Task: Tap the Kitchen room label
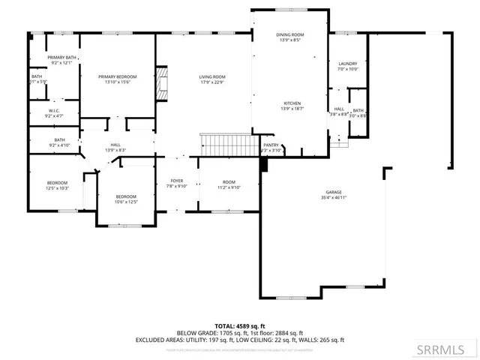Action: coord(292,103)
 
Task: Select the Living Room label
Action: coord(212,76)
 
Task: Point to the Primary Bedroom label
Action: coord(118,76)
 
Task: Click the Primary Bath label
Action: coord(61,58)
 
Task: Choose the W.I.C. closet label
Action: coord(54,110)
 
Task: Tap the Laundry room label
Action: coord(347,64)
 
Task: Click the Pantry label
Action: coord(271,145)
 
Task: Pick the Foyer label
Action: coord(177,181)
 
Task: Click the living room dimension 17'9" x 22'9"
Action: coord(212,82)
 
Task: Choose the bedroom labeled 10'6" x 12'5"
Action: coord(126,199)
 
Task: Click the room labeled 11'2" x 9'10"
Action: coord(229,185)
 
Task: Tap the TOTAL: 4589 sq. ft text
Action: coord(240,326)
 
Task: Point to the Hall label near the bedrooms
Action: coord(115,145)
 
